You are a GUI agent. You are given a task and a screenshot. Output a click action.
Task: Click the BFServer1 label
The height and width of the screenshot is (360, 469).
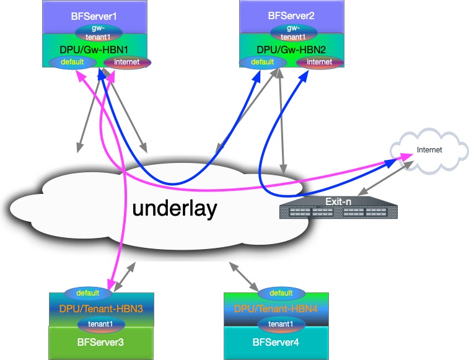point(94,16)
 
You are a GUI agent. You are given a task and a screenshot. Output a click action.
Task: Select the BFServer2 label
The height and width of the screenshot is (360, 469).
point(291,15)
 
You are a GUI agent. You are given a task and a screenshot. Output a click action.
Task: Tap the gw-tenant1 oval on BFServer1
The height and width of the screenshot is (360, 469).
point(99,33)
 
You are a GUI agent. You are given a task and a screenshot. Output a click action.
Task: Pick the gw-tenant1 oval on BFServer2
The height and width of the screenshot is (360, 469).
point(294,33)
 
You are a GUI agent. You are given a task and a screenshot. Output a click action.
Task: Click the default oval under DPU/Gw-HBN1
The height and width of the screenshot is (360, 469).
point(72,62)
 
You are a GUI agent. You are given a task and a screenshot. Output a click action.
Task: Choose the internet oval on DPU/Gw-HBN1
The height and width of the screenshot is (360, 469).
point(127,62)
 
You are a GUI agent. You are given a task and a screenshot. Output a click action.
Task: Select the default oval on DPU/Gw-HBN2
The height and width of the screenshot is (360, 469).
point(263,62)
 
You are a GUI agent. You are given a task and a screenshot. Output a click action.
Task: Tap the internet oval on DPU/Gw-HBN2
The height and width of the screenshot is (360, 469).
point(320,62)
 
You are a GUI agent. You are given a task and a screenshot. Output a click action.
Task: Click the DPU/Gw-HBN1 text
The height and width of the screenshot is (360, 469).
point(94,50)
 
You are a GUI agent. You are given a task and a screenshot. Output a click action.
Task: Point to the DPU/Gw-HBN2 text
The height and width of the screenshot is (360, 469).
point(291,50)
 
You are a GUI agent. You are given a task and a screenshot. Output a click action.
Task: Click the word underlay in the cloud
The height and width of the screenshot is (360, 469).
point(175,208)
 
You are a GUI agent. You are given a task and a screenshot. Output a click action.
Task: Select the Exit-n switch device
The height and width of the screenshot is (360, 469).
point(338,208)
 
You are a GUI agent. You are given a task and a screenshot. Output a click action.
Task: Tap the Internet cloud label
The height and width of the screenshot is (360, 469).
point(429,149)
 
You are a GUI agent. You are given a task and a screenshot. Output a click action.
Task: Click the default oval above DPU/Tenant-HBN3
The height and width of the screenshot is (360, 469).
point(88,293)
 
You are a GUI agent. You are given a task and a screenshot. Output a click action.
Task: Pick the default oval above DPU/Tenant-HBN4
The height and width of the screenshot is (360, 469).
point(281,293)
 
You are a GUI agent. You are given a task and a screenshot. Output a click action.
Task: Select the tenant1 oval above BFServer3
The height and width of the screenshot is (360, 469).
point(101,324)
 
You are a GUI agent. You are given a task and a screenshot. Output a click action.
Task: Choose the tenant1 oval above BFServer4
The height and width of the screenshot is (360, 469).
point(281,324)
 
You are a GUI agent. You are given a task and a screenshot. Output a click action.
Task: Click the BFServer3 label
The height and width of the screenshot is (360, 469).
point(100,342)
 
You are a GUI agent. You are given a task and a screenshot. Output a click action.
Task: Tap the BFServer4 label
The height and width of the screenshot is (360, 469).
point(276,342)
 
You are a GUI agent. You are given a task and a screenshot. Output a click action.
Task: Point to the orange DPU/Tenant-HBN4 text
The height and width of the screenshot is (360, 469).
point(276,309)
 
